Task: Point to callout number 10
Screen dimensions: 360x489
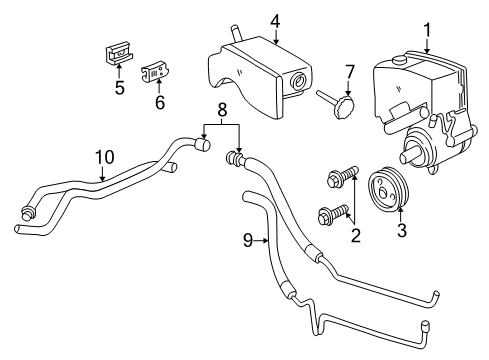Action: tap(104, 158)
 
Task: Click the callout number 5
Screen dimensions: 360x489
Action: tap(118, 87)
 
